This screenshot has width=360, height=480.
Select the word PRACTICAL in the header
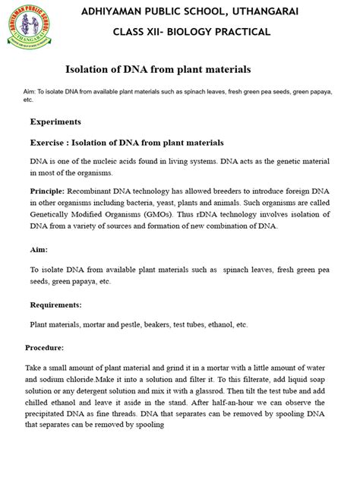238,32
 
